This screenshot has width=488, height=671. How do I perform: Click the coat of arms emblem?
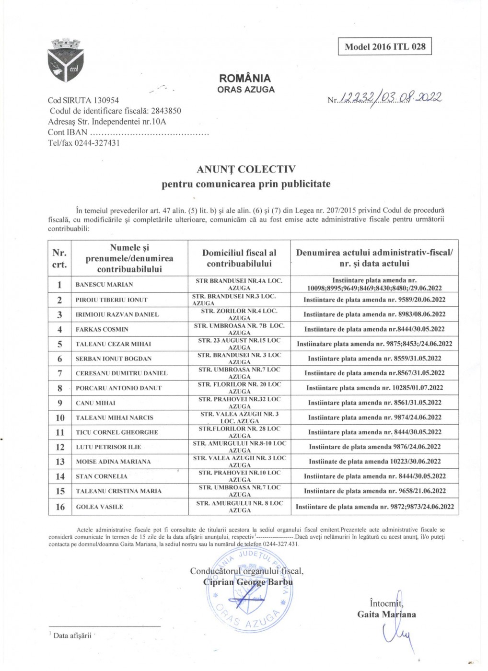tap(66, 60)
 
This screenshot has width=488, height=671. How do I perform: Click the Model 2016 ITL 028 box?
tap(384, 46)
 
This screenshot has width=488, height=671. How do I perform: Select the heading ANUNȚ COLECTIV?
tap(246, 169)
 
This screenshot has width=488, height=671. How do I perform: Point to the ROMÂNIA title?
tap(245, 78)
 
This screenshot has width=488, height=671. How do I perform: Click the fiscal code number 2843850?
tap(166, 111)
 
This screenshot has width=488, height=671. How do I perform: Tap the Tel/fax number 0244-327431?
tap(97, 143)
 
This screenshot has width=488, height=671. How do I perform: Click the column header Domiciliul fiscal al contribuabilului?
tap(239, 258)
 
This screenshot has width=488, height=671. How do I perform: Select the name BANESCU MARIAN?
tap(104, 285)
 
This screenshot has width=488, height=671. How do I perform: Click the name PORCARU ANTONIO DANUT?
tap(118, 388)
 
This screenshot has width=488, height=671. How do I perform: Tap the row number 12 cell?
tap(60, 447)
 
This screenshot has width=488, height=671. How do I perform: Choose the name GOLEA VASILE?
tap(99, 507)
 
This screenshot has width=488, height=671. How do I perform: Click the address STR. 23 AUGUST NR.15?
tap(239, 344)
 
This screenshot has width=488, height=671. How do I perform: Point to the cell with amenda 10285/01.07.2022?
tap(374, 388)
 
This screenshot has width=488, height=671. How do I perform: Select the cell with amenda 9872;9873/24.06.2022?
tap(374, 507)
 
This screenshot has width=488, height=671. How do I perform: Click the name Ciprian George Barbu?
tap(248, 582)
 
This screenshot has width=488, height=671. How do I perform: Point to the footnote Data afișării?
tap(72, 636)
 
